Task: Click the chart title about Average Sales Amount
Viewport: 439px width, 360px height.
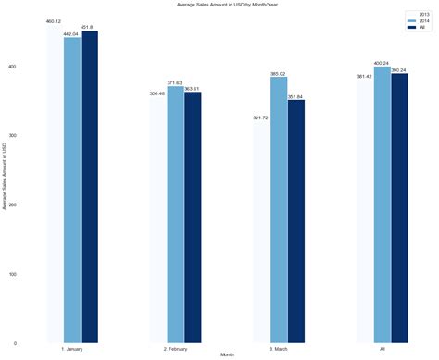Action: point(220,5)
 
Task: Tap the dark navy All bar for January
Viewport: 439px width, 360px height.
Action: point(89,186)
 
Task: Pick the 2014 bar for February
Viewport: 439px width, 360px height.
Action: point(175,214)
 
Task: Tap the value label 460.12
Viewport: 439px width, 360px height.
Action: point(53,21)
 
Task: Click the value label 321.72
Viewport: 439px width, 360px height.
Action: point(260,118)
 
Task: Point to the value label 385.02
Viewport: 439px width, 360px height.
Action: point(279,73)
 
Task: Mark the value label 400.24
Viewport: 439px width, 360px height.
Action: point(382,63)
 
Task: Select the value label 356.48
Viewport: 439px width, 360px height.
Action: point(157,93)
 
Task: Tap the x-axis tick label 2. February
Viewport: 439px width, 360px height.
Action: point(175,349)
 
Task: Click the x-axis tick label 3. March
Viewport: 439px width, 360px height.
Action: point(279,349)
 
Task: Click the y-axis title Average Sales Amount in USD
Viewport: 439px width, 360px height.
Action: point(5,176)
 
